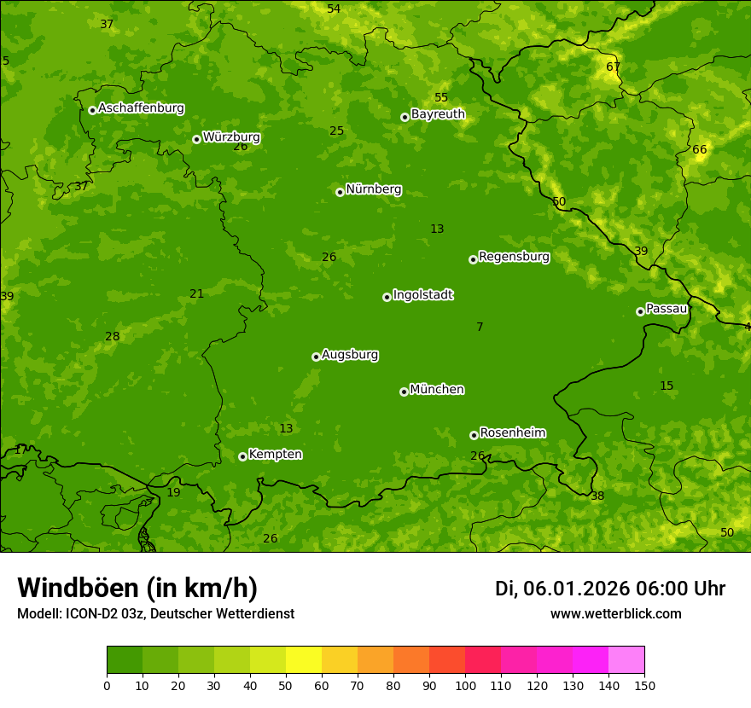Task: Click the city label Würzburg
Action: [x=231, y=137]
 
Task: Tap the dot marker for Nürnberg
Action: [x=340, y=192]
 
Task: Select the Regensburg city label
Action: [x=514, y=257]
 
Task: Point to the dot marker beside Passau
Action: [x=640, y=311]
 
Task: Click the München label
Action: [x=437, y=390]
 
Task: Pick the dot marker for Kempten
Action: [x=242, y=456]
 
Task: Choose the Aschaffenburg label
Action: [x=141, y=108]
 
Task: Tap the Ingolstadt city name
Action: [x=422, y=295]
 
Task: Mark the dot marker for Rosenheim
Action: [x=474, y=435]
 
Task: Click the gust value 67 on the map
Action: [x=613, y=67]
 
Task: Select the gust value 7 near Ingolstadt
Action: [x=480, y=327]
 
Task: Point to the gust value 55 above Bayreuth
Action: [x=440, y=97]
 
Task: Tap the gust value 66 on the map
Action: [x=699, y=149]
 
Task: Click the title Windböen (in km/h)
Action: [x=137, y=588]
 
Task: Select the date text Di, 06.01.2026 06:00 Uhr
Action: [x=609, y=589]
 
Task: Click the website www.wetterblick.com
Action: [x=615, y=613]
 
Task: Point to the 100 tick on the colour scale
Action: [x=465, y=685]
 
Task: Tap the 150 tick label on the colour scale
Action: [x=644, y=685]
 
